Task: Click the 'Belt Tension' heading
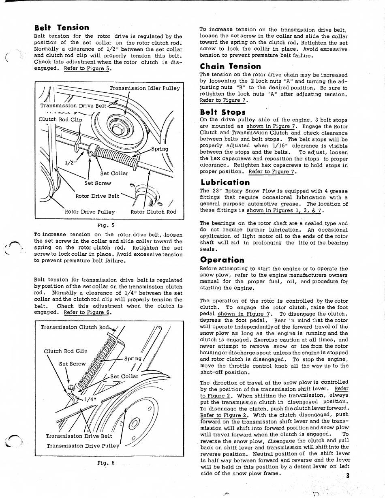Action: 62,28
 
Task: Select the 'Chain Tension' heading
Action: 230,66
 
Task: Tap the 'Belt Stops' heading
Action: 222,111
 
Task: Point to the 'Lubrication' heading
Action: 225,182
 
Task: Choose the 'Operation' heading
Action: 222,260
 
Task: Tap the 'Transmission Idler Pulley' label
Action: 145,88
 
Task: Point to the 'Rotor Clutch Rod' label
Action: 154,212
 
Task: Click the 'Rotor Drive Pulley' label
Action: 90,212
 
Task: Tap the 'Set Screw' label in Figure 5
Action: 98,183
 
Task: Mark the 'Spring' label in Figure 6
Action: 133,358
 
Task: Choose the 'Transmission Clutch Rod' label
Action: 75,327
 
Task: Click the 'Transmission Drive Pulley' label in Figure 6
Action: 83,446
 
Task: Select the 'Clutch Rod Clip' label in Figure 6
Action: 65,351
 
